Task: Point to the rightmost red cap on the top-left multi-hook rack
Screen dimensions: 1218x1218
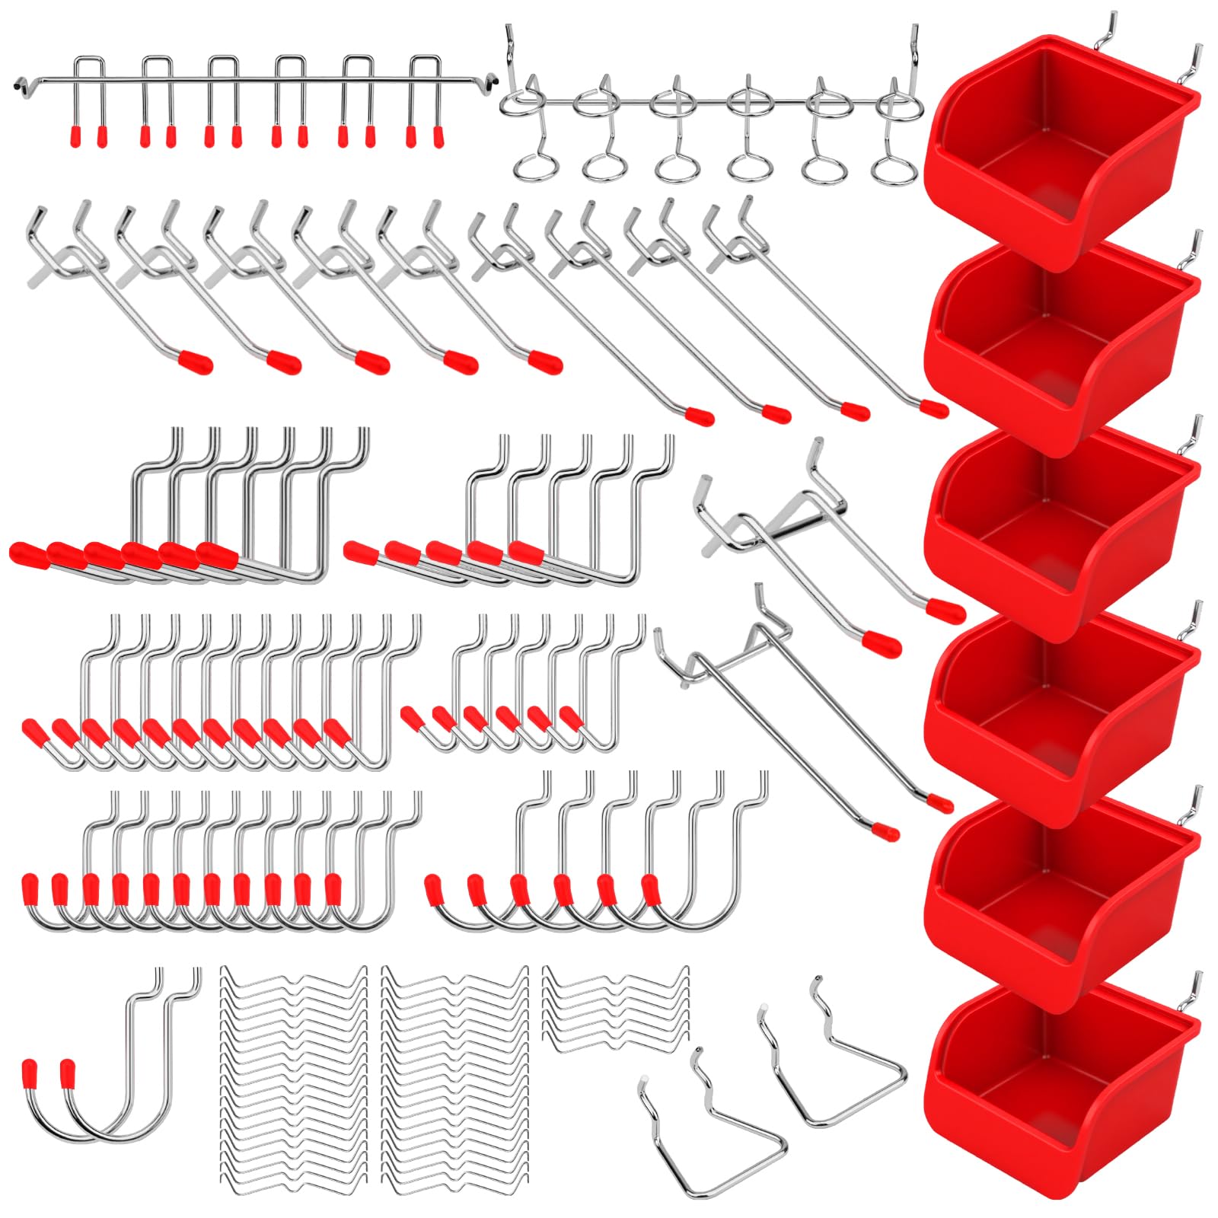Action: point(438,136)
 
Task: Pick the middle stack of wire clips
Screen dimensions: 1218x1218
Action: point(455,1073)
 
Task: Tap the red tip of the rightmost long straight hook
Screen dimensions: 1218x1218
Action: point(935,410)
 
